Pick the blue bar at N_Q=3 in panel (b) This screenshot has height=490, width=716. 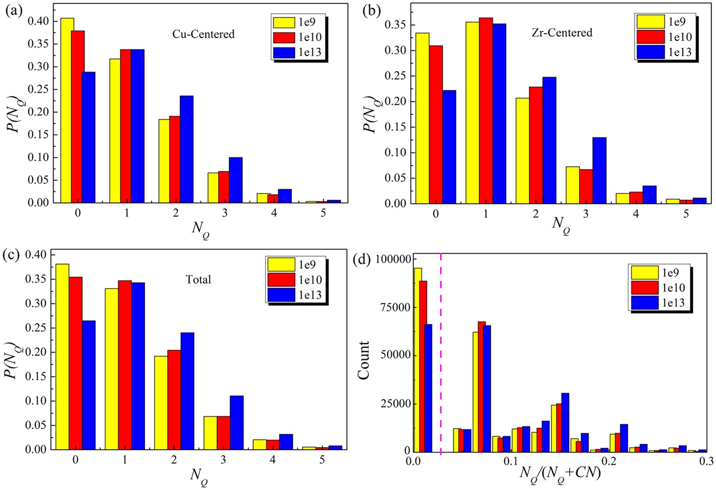pos(599,170)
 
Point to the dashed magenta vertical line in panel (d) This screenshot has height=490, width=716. pos(441,354)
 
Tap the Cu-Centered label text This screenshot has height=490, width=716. pos(203,34)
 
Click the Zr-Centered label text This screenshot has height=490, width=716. pos(562,33)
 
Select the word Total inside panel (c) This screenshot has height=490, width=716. pos(198,280)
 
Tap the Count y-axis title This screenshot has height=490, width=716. pos(364,360)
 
